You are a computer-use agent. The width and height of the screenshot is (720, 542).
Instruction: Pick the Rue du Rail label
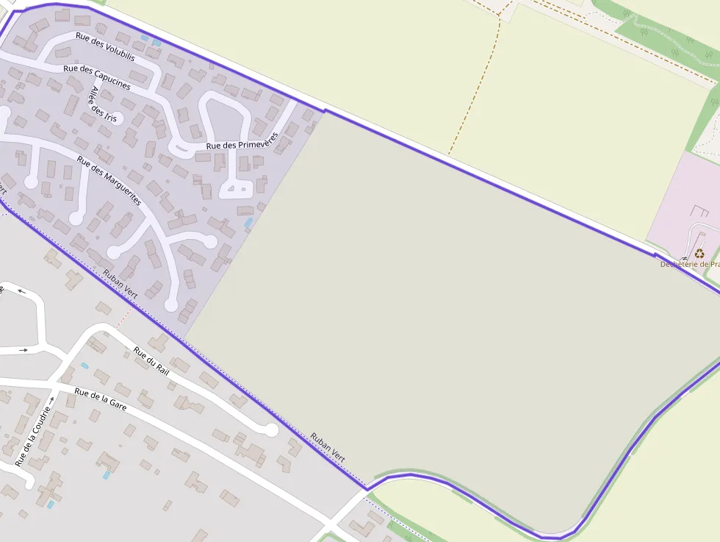(151, 360)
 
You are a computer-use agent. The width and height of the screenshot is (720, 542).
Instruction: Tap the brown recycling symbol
(698, 253)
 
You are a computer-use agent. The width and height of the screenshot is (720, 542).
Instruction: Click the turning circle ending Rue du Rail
(272, 429)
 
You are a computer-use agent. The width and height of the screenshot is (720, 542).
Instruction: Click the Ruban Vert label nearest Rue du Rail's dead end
(328, 446)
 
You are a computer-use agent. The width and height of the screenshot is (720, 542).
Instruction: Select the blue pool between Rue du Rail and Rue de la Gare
(84, 366)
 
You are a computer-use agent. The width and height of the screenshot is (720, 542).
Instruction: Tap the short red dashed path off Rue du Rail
(123, 317)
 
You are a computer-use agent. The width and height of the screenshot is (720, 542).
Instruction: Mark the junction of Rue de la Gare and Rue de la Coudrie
(54, 382)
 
